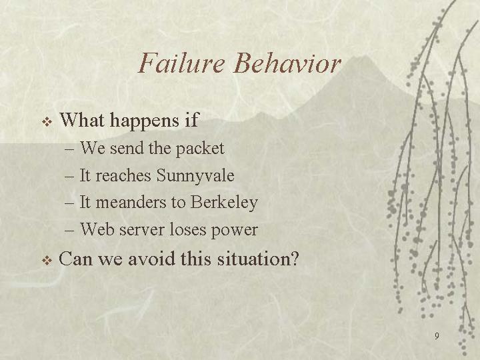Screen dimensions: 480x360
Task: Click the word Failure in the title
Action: pos(181,63)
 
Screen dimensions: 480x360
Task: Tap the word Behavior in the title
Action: pos(287,63)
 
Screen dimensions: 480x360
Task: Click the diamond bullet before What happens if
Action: pos(47,122)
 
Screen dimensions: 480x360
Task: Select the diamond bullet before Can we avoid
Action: pos(47,261)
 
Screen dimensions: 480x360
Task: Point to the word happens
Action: pos(145,121)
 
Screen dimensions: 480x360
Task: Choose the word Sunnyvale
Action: pos(195,176)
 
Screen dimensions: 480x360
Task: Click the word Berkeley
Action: pos(224,203)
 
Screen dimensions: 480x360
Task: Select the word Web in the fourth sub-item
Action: pos(97,229)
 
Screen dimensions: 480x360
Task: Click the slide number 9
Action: pos(437,336)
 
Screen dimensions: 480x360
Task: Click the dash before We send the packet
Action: pos(69,150)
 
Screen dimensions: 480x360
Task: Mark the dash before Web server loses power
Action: pos(69,230)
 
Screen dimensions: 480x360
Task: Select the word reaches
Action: pos(123,176)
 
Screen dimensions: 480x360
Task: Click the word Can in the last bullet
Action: pos(75,259)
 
